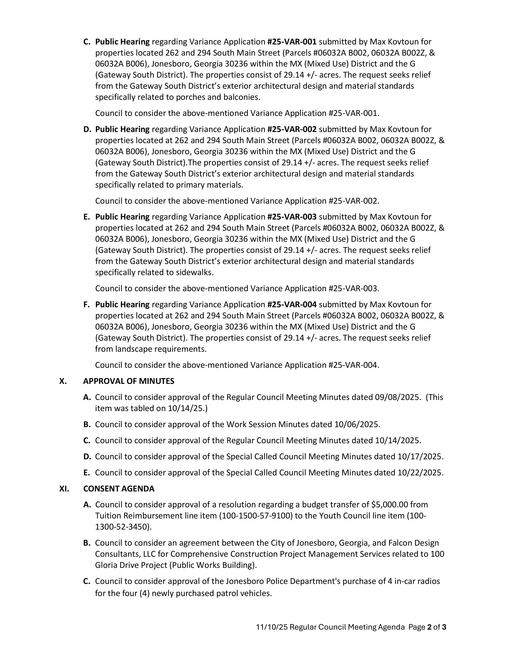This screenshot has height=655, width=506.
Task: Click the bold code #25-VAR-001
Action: (x=292, y=42)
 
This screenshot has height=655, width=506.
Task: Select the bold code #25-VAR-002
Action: (x=292, y=129)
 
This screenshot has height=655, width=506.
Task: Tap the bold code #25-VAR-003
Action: (x=292, y=217)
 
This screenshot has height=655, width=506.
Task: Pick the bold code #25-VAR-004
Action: (x=292, y=304)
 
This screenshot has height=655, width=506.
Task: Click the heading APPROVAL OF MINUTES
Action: (x=129, y=381)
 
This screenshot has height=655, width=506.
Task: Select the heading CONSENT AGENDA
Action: (x=119, y=488)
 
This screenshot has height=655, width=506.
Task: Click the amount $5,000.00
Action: (x=389, y=505)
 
